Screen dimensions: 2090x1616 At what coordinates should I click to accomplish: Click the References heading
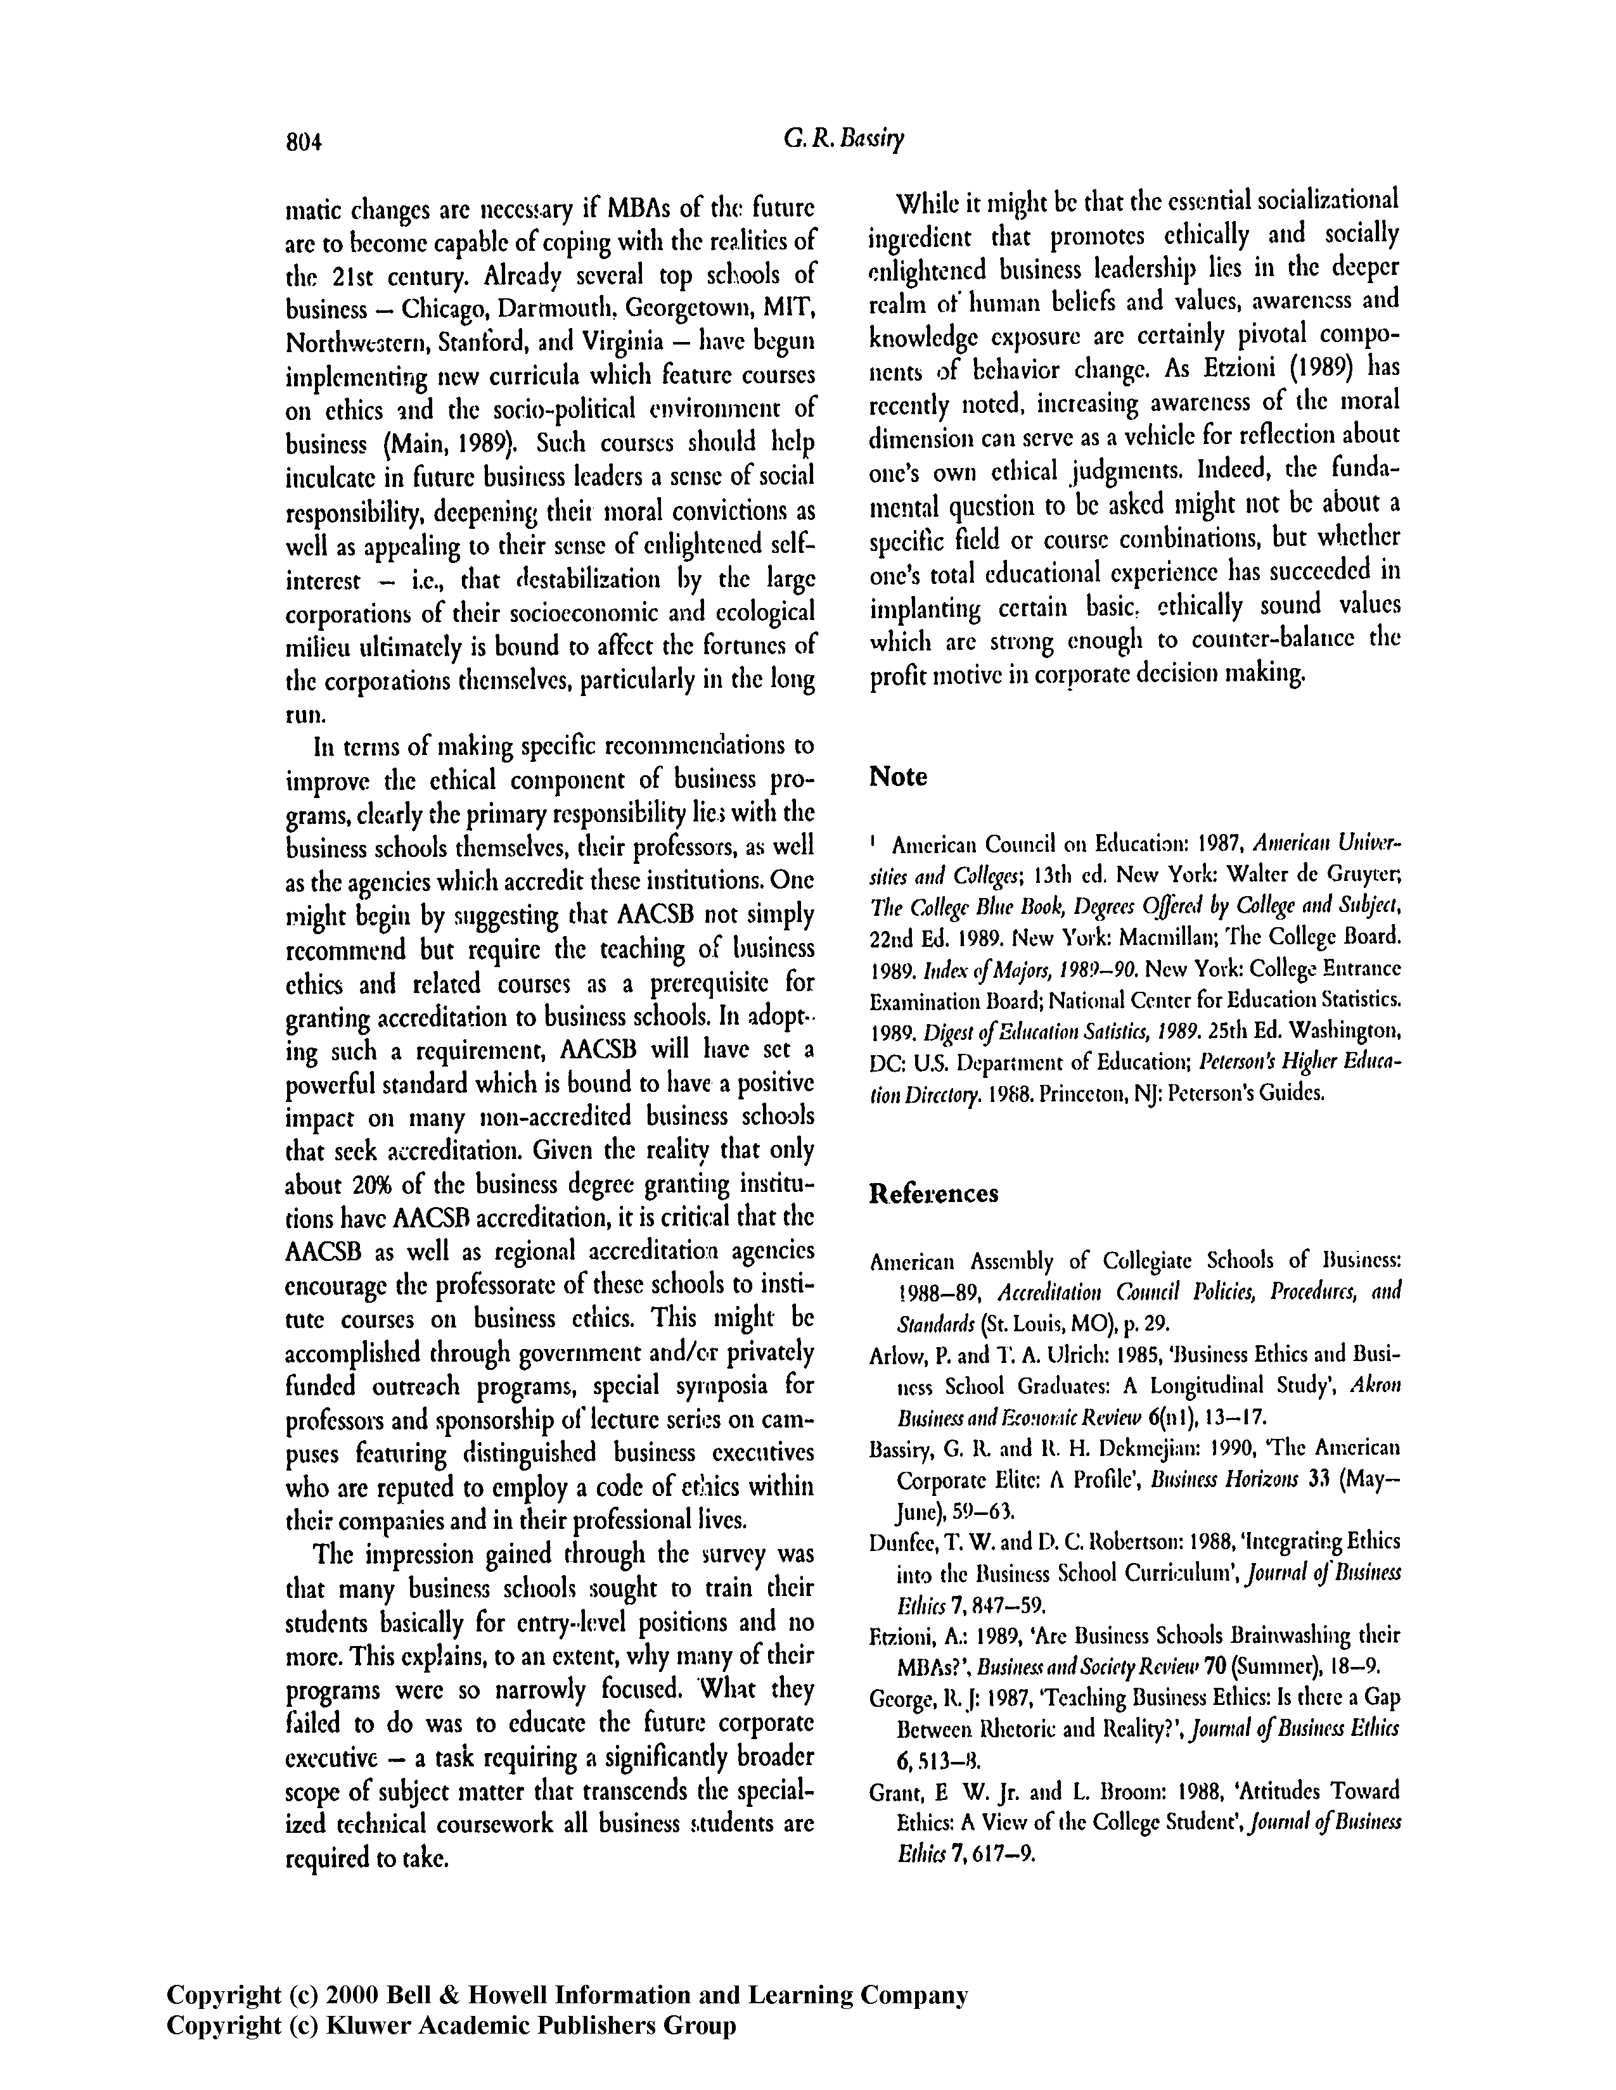tap(933, 1193)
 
